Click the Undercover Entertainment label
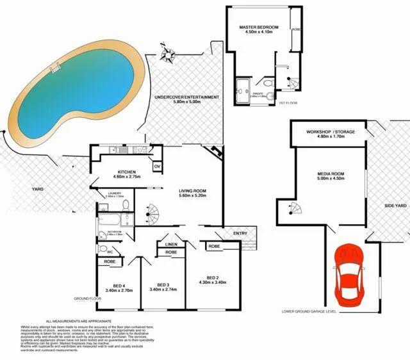187,97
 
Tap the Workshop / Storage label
330,132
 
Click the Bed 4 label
115,286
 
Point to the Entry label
241,233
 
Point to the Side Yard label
396,206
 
